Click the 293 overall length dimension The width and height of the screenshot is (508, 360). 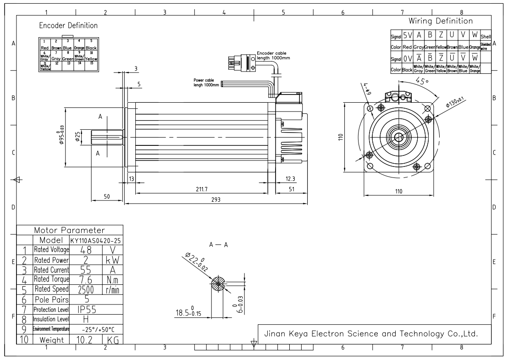tap(215, 199)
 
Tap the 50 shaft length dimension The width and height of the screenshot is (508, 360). tap(106, 196)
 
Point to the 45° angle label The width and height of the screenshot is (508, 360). tap(422, 81)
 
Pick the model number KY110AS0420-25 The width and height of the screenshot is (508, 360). tap(96, 240)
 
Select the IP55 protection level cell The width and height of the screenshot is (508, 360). tap(87, 310)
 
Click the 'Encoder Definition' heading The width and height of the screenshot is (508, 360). tap(68, 25)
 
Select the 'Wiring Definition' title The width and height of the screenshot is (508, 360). tap(441, 21)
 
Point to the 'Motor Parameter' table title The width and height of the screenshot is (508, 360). tap(70, 230)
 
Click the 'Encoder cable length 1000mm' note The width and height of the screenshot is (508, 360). tap(273, 55)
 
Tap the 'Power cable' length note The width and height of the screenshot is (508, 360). tap(206, 82)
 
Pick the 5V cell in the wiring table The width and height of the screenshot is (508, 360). tap(408, 35)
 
